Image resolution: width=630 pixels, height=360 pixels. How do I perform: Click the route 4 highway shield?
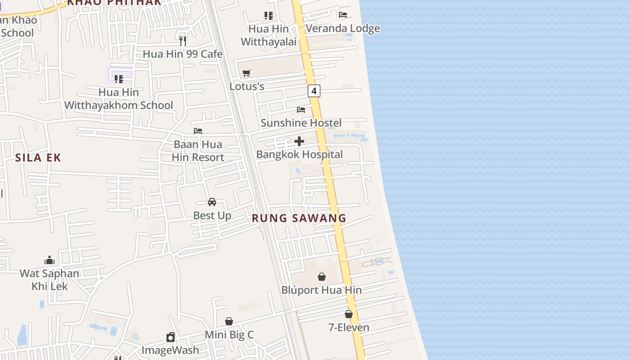tap(314, 91)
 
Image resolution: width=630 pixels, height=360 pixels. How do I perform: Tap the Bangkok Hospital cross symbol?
tap(299, 142)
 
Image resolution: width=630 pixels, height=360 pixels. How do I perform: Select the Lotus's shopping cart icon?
tap(247, 73)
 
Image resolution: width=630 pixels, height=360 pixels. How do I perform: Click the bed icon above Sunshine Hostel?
tap(301, 109)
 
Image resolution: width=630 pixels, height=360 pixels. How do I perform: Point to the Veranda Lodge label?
tap(343, 28)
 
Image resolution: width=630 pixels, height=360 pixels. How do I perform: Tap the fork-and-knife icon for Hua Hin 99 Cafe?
tap(183, 40)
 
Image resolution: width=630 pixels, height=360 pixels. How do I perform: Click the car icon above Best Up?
tap(212, 202)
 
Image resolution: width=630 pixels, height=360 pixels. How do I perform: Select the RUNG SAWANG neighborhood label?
tap(299, 218)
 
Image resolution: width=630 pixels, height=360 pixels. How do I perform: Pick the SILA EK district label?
tap(38, 157)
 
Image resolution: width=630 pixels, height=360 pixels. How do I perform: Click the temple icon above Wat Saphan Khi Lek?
tap(49, 260)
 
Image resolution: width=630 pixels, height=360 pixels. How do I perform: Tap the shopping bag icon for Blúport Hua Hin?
tap(322, 277)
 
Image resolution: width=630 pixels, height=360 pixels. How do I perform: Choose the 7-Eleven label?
tap(349, 328)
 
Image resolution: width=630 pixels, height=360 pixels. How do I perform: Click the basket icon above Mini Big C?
tap(229, 321)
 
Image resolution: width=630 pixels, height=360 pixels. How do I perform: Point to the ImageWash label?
tap(170, 350)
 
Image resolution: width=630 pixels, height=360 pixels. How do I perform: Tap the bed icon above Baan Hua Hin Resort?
tap(198, 131)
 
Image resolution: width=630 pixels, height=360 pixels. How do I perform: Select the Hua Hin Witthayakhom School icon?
tap(119, 79)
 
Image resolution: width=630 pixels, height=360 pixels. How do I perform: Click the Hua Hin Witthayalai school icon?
tap(269, 16)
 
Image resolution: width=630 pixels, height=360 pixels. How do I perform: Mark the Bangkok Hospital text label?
tap(299, 154)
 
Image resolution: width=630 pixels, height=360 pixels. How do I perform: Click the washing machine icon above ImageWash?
tap(171, 337)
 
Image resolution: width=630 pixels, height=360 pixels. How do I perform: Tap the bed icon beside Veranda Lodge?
tap(343, 15)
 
